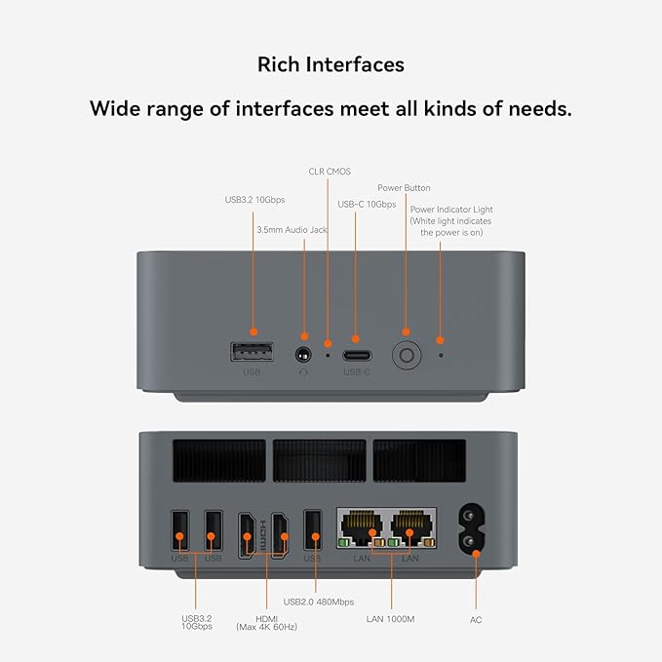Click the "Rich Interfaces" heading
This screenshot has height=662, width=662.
[331, 64]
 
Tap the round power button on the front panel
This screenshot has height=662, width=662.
[406, 354]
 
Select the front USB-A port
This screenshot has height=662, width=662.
[253, 352]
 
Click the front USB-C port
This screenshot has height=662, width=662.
[356, 353]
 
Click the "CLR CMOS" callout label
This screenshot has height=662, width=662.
[330, 172]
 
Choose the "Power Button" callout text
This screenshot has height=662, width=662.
[404, 188]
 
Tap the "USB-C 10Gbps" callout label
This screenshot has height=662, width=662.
[367, 205]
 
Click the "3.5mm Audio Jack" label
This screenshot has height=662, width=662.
[292, 230]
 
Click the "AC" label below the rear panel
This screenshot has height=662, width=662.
[476, 619]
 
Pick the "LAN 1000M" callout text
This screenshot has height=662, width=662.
[390, 619]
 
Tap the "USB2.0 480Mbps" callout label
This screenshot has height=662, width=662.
[318, 602]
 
